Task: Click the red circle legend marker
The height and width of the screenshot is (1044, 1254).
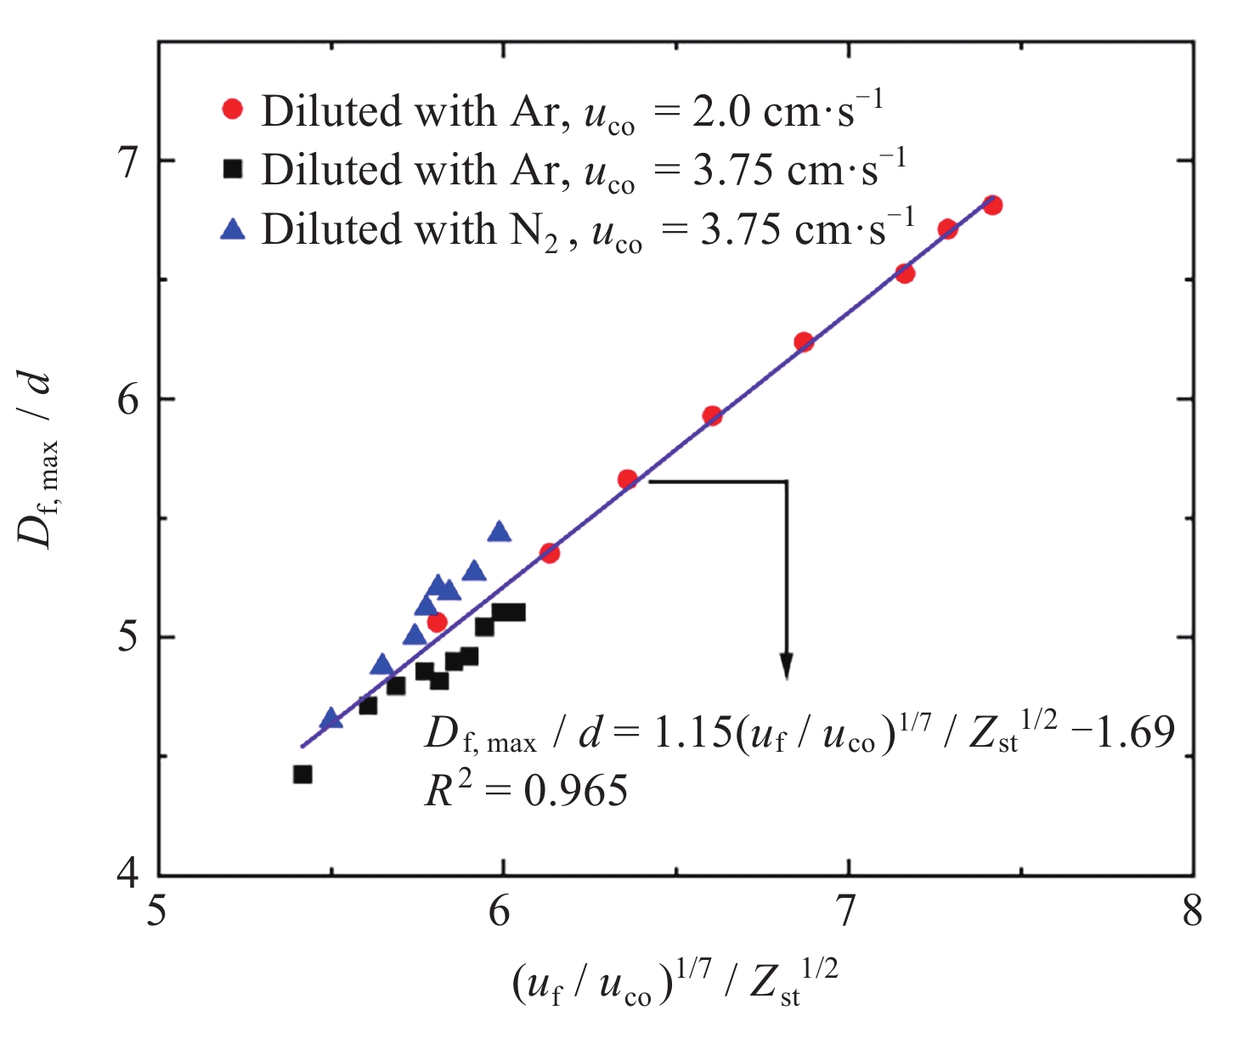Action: [x=232, y=110]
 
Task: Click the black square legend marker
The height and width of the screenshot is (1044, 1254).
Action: [x=232, y=169]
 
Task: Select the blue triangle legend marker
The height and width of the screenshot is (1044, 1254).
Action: [x=232, y=229]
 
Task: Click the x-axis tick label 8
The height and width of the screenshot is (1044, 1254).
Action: [x=1193, y=912]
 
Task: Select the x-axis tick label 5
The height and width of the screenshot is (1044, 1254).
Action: [x=159, y=912]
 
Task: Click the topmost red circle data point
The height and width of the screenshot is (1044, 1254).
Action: [x=992, y=205]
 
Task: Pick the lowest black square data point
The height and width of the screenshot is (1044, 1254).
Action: [x=302, y=774]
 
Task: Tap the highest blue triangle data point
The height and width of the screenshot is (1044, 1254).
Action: [x=500, y=532]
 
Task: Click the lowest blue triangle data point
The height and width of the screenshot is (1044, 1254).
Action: [x=331, y=719]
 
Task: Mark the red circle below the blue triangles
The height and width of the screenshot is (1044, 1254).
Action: [x=437, y=623]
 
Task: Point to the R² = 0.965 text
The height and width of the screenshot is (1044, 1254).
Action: [x=526, y=791]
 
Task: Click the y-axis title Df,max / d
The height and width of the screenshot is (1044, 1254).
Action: [x=38, y=459]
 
